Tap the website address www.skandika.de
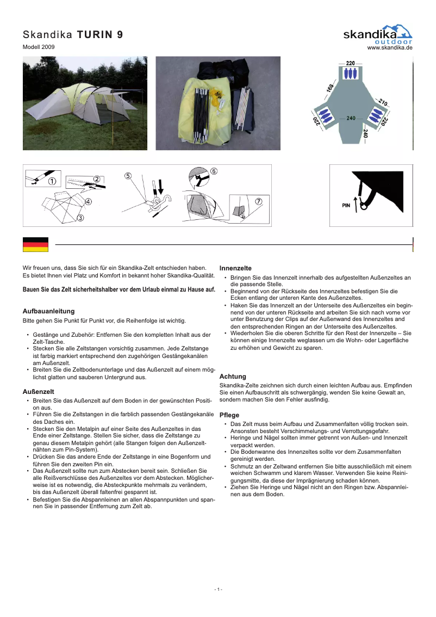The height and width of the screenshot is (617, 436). pyautogui.click(x=390, y=48)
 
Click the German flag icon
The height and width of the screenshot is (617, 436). pyautogui.click(x=35, y=245)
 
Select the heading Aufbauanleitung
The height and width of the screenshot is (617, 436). pyautogui.click(x=48, y=311)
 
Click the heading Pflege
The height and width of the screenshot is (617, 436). pyautogui.click(x=229, y=415)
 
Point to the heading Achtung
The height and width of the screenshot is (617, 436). pyautogui.click(x=233, y=377)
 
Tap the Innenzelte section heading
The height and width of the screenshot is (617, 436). pyautogui.click(x=235, y=268)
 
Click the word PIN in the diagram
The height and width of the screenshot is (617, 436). pyautogui.click(x=346, y=206)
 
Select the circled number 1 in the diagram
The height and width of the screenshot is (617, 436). pyautogui.click(x=52, y=181)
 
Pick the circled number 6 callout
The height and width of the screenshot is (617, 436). pyautogui.click(x=214, y=171)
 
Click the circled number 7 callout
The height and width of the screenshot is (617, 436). pyautogui.click(x=259, y=201)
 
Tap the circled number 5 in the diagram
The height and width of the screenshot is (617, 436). pyautogui.click(x=128, y=176)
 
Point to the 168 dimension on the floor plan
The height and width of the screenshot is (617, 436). pyautogui.click(x=330, y=87)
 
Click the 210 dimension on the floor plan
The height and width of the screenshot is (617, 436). pyautogui.click(x=383, y=102)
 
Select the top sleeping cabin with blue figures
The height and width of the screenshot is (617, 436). pyautogui.click(x=351, y=73)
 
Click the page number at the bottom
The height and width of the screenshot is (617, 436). pyautogui.click(x=217, y=589)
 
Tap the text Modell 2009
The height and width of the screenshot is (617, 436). pyautogui.click(x=39, y=47)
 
